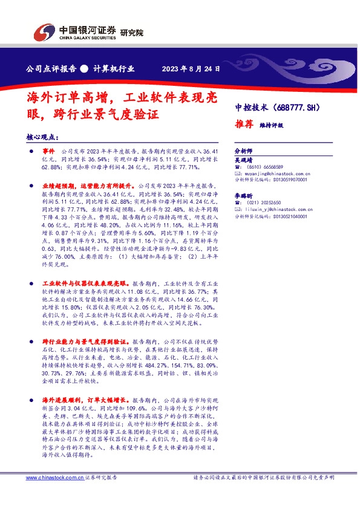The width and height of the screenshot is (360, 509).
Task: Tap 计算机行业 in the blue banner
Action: click(114, 69)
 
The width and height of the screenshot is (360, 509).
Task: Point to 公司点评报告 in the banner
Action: click(49, 69)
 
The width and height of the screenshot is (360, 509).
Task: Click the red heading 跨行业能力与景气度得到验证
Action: click(85, 341)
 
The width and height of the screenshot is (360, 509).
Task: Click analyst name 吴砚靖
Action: click(243, 160)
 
